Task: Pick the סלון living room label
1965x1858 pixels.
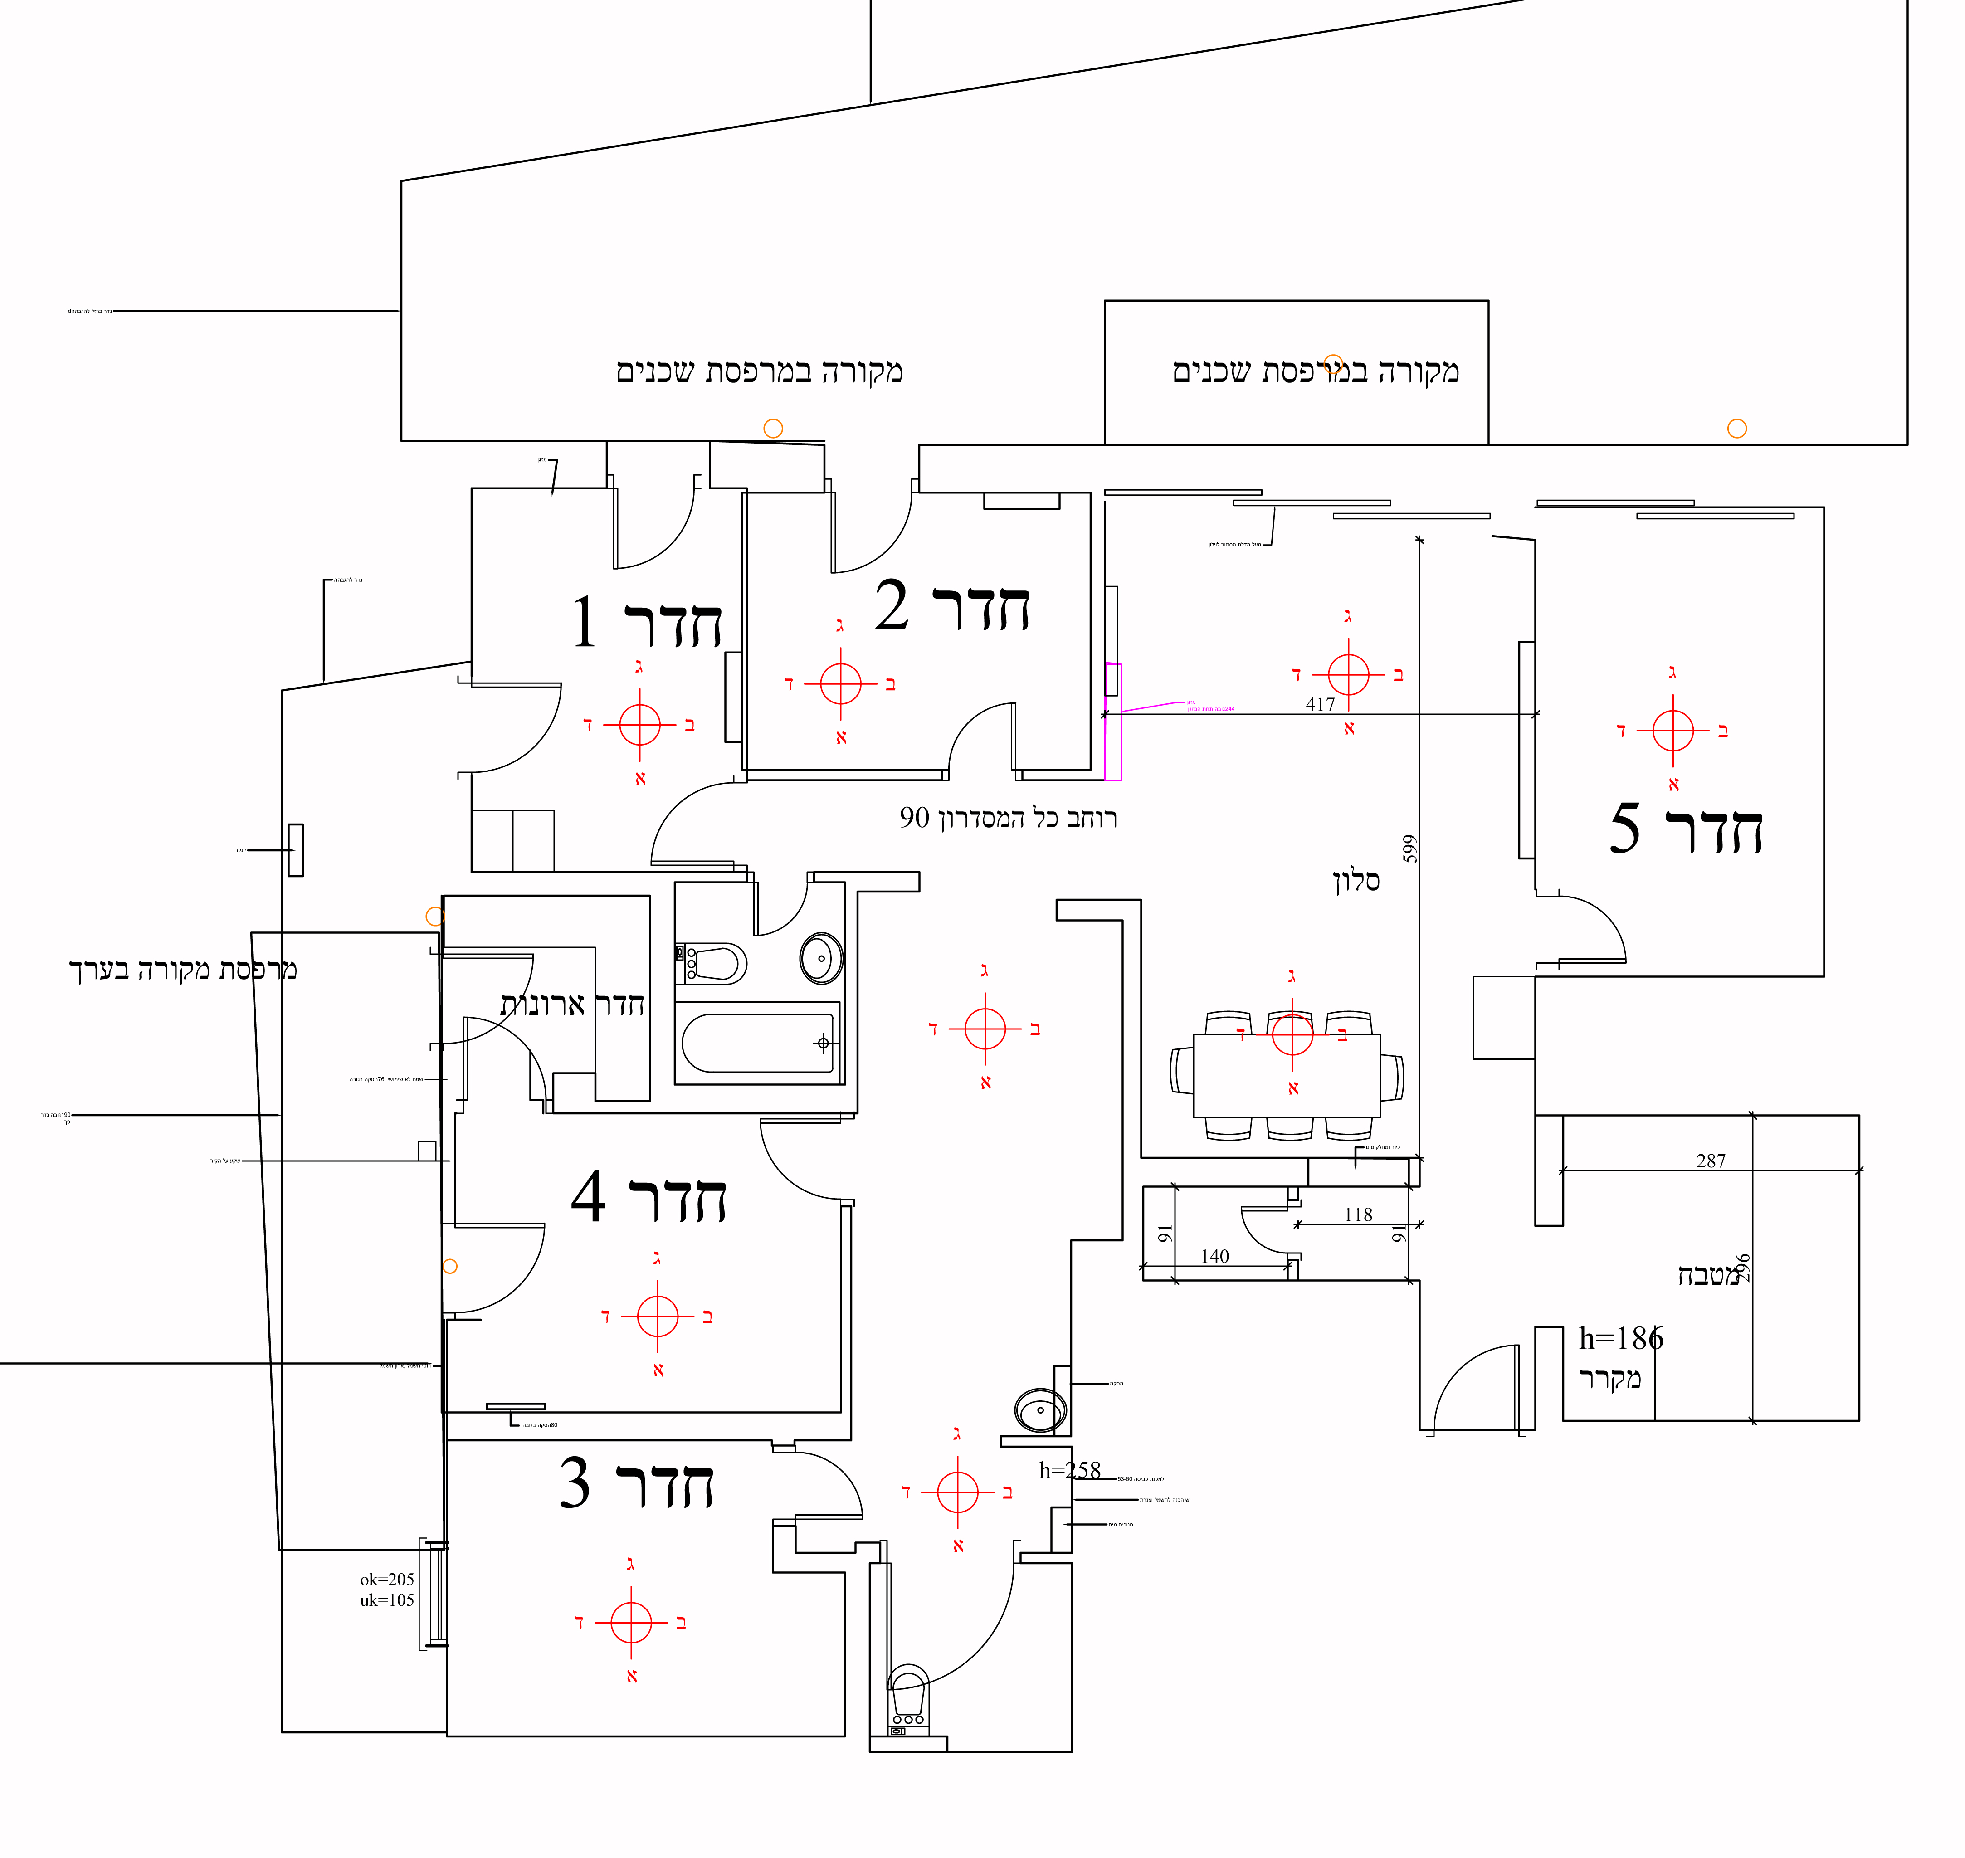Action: [x=1356, y=880]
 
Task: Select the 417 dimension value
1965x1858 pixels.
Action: [x=1320, y=704]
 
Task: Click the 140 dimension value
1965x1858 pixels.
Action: [x=1214, y=1256]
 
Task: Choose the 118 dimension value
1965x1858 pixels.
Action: [x=1358, y=1214]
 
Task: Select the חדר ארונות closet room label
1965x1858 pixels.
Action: [x=572, y=1004]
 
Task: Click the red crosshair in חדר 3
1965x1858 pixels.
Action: [x=631, y=1622]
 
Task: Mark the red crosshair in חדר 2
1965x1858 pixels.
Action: [x=841, y=683]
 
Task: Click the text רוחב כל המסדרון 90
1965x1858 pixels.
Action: [x=1008, y=818]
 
